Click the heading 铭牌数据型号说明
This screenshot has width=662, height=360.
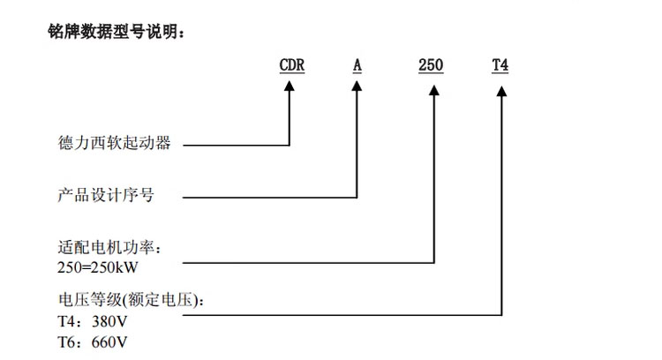pyautogui.click(x=117, y=33)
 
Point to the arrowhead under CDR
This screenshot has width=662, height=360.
pyautogui.click(x=290, y=87)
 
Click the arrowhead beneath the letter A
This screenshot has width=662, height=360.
pyautogui.click(x=357, y=87)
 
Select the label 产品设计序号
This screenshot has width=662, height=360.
pyautogui.click(x=105, y=195)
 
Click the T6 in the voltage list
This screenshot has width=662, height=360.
pyautogui.click(x=66, y=341)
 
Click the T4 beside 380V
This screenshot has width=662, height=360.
pyautogui.click(x=66, y=320)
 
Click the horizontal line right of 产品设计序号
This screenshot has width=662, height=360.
pyautogui.click(x=265, y=195)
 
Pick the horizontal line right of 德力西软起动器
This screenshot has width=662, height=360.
pyautogui.click(x=234, y=144)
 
